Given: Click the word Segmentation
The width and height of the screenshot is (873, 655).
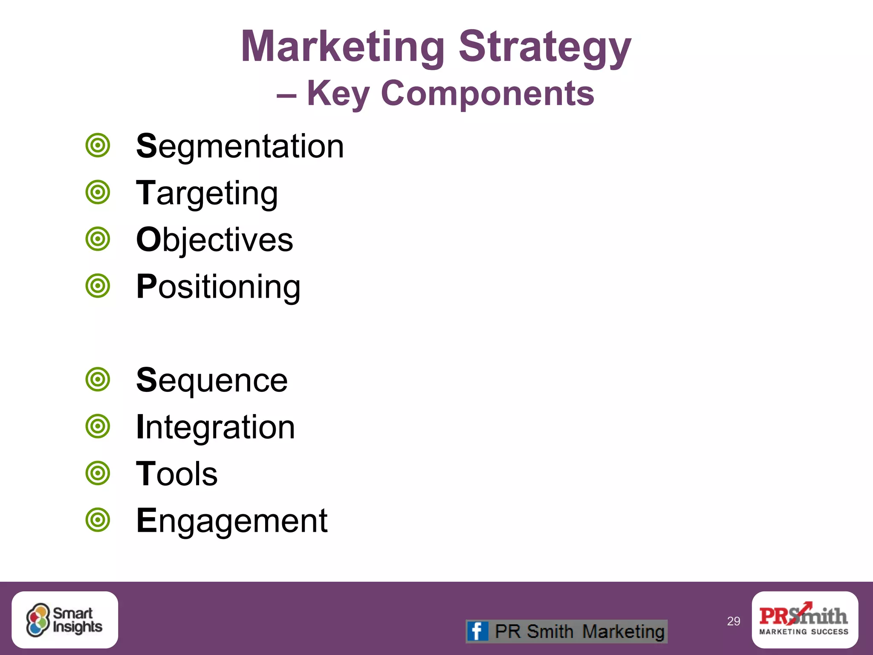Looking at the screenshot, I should click(x=240, y=146).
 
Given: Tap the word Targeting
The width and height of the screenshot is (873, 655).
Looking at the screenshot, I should click(x=207, y=193).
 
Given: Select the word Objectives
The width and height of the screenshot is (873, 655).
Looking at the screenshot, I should click(x=214, y=240).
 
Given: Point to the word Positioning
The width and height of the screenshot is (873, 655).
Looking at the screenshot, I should click(x=218, y=287).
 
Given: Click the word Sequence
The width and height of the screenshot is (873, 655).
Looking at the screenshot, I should click(x=212, y=380).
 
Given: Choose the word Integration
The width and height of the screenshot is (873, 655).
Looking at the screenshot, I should click(x=215, y=427).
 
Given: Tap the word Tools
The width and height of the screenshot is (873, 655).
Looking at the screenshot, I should click(x=176, y=474).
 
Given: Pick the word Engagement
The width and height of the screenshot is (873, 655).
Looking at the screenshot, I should click(x=232, y=521).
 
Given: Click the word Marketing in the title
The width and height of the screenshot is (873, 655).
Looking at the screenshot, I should click(x=343, y=46).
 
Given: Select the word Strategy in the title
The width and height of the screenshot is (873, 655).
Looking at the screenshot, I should click(x=545, y=46).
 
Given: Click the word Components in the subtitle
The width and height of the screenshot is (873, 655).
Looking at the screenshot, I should click(x=487, y=93).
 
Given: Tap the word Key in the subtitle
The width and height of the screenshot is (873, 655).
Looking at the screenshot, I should click(x=338, y=93).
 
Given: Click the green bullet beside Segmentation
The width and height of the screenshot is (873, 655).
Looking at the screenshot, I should click(x=98, y=146).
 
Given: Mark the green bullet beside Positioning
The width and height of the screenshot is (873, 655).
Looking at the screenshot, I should click(x=98, y=286).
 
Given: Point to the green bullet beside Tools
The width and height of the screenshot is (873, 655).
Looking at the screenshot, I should click(x=98, y=473).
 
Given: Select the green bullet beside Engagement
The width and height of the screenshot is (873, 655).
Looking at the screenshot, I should click(x=98, y=520).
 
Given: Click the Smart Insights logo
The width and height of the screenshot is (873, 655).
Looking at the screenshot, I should click(x=65, y=620).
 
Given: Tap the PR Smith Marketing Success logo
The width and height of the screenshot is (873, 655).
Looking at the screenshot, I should click(x=804, y=620).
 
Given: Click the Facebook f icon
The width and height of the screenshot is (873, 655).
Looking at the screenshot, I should click(x=477, y=631).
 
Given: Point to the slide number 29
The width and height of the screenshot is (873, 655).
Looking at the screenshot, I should click(x=733, y=621).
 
